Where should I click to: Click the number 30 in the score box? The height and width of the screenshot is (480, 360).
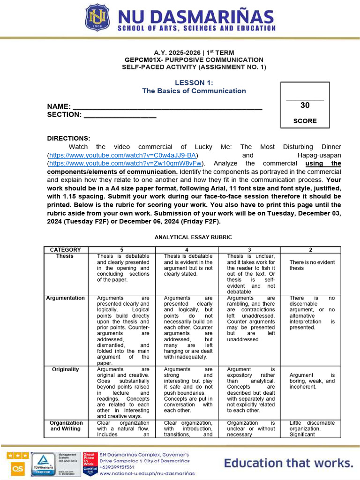click(305, 105)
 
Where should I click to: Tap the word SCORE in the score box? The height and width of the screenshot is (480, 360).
click(305, 121)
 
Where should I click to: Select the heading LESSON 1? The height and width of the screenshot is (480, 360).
click(194, 83)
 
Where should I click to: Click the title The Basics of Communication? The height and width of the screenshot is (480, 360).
click(194, 91)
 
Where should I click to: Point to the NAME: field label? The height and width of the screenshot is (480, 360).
click(59, 106)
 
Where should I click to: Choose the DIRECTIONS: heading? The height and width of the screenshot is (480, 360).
click(68, 138)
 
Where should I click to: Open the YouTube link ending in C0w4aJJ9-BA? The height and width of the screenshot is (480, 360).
click(123, 155)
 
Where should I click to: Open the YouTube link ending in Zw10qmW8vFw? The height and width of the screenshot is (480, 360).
click(126, 164)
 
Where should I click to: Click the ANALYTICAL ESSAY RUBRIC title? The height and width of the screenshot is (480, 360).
click(194, 237)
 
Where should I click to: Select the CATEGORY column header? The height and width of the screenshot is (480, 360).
click(65, 250)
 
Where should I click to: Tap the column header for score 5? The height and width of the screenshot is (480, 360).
click(121, 250)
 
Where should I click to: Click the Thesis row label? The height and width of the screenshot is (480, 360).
click(65, 256)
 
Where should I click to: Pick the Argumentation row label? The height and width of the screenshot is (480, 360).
click(65, 298)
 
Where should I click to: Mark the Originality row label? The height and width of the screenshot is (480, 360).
click(65, 369)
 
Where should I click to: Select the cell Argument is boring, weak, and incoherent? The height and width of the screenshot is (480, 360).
click(312, 381)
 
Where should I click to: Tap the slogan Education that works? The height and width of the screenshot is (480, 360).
click(288, 464)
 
